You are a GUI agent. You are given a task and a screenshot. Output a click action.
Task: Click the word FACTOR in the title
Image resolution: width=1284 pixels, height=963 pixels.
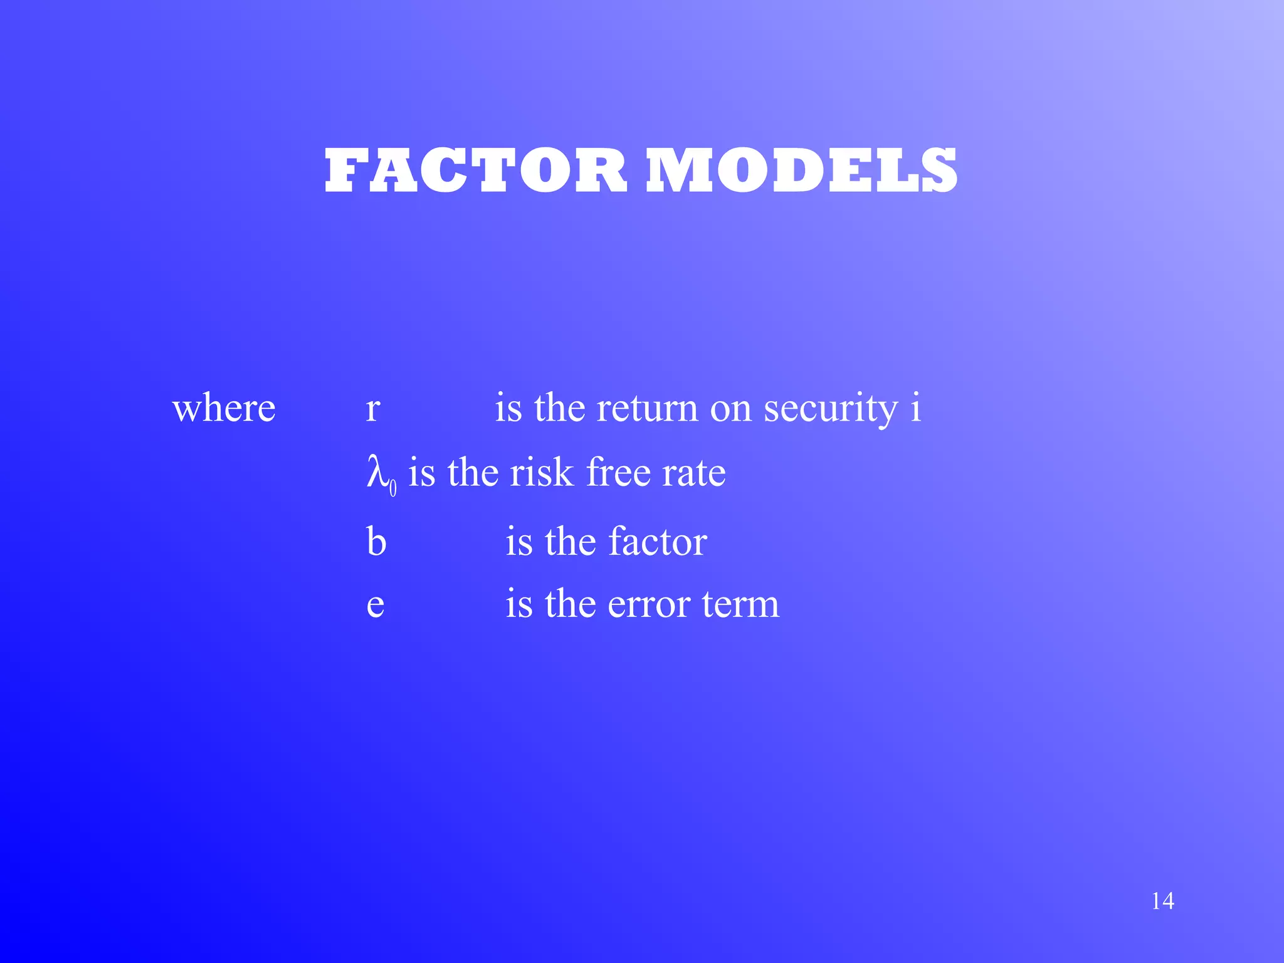[x=476, y=171]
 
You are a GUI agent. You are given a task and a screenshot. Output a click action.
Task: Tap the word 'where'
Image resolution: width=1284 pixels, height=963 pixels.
[x=224, y=409]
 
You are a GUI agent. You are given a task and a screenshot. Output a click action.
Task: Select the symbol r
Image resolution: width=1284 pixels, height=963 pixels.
[x=373, y=409]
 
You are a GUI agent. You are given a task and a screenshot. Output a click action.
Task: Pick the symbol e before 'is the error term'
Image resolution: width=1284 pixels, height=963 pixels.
[x=375, y=605]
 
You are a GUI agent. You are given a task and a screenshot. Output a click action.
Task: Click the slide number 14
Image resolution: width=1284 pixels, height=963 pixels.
[x=1162, y=901]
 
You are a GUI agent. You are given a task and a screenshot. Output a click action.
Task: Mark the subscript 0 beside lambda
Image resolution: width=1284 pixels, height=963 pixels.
[x=393, y=488]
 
